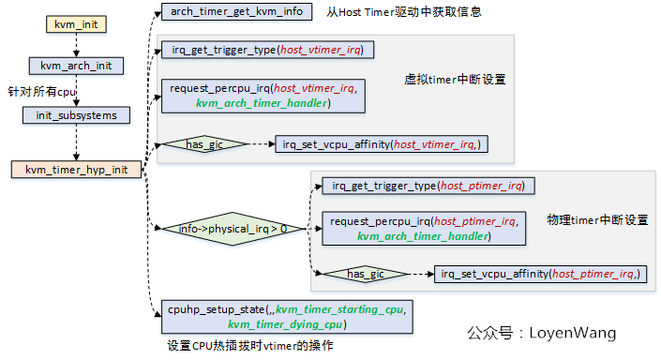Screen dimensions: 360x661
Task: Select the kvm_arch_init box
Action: (76, 66)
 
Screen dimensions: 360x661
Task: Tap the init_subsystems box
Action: (76, 115)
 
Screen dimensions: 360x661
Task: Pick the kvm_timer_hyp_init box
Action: (76, 170)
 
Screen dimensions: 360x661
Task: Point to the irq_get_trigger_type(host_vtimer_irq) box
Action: (267, 49)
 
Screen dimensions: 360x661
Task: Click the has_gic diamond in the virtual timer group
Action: (203, 144)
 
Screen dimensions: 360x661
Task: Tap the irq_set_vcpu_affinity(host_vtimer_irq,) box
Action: (381, 144)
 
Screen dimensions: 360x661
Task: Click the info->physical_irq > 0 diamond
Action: (233, 228)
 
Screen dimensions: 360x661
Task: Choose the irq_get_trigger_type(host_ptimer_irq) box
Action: (428, 186)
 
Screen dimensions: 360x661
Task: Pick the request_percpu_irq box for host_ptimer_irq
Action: (422, 229)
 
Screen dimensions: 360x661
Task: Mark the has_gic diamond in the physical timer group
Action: (361, 274)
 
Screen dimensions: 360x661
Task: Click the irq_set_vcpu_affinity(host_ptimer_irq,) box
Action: (541, 274)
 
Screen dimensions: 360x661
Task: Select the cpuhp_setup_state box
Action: (285, 316)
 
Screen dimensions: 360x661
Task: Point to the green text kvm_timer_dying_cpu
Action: (286, 324)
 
